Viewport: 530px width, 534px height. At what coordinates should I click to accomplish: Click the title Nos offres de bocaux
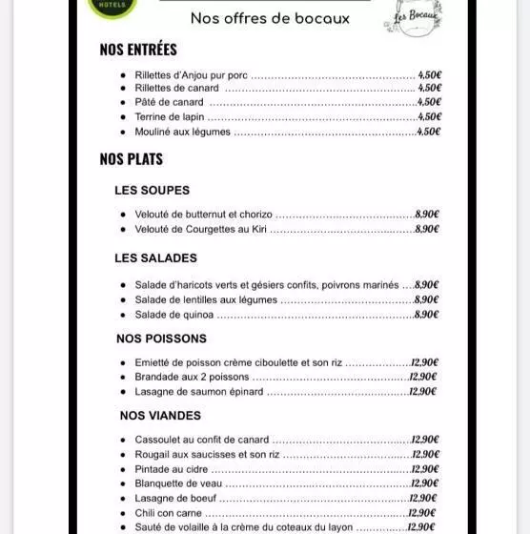click(x=270, y=18)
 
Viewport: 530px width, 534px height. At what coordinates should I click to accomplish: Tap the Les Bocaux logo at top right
click(x=412, y=17)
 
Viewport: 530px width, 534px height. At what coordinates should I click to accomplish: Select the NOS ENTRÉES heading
click(x=138, y=50)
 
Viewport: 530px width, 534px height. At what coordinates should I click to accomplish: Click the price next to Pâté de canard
click(x=429, y=102)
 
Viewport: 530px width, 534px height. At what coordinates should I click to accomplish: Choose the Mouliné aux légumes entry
click(x=182, y=132)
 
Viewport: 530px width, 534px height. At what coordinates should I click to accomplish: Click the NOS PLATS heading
click(x=131, y=159)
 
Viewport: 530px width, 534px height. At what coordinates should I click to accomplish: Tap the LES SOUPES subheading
click(x=152, y=190)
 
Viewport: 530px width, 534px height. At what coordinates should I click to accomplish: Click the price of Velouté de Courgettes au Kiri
click(x=426, y=229)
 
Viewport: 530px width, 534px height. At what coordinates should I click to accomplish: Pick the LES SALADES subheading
click(x=155, y=257)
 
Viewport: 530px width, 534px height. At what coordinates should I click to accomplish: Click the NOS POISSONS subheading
click(x=161, y=339)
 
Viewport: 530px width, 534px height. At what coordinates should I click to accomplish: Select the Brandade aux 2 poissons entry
click(x=192, y=377)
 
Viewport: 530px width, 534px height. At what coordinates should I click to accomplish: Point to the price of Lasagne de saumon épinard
click(x=422, y=391)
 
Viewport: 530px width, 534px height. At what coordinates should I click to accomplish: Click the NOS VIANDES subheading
click(x=160, y=415)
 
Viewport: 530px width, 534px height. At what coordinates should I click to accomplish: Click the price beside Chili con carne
click(x=421, y=512)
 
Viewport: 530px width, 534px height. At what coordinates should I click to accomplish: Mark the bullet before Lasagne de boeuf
click(x=124, y=498)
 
